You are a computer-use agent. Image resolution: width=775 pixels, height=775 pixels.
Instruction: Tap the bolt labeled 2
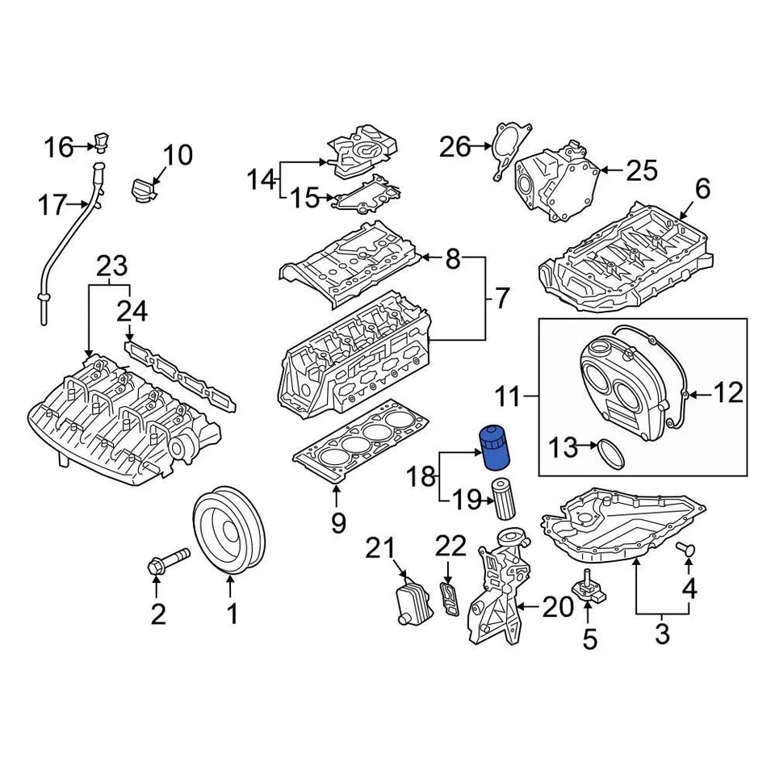click(x=166, y=561)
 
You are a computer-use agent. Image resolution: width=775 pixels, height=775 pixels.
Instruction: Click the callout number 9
click(x=338, y=522)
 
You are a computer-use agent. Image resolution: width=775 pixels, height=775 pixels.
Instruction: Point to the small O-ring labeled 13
click(x=613, y=454)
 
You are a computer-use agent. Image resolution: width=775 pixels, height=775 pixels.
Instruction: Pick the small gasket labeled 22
click(x=449, y=598)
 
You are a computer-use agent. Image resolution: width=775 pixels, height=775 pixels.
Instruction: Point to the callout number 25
click(x=642, y=170)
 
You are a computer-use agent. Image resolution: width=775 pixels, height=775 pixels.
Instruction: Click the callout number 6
click(x=702, y=189)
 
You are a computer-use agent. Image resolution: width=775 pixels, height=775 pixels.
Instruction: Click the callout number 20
click(x=557, y=607)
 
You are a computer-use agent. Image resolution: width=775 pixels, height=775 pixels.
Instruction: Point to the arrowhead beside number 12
click(x=689, y=395)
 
